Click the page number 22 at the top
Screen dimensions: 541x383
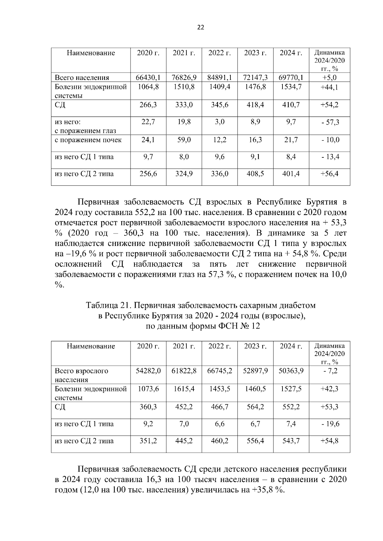tap(200, 27)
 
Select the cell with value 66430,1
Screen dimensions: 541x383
tap(148, 77)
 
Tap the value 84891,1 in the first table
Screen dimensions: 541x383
tap(220, 77)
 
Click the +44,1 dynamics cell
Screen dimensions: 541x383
tap(329, 87)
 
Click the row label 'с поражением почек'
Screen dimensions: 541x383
tap(88, 140)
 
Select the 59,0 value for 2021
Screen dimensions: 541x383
tap(184, 140)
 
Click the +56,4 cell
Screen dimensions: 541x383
tap(329, 174)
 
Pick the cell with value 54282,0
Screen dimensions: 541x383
tap(148, 371)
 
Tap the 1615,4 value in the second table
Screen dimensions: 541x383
tap(184, 389)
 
